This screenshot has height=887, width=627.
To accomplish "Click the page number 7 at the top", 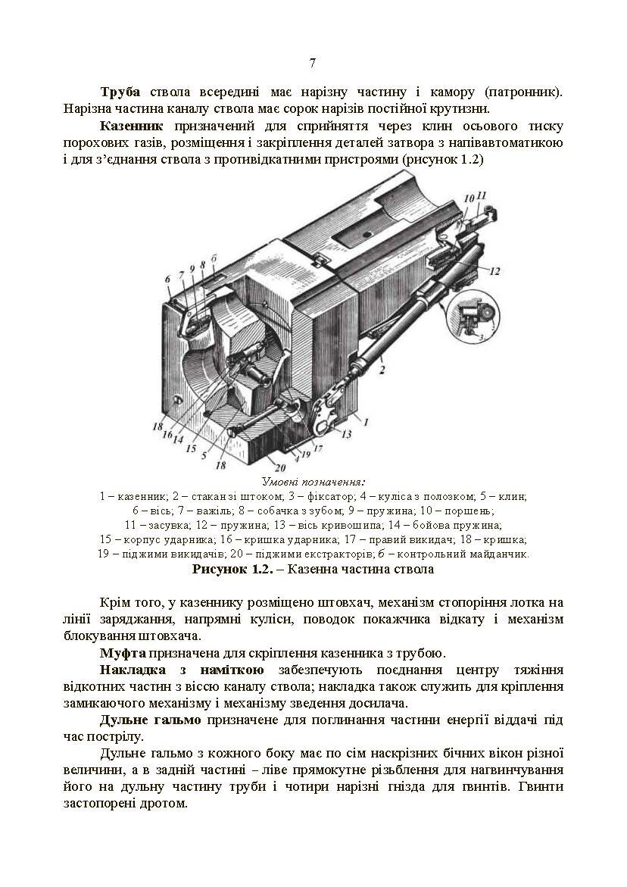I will [x=313, y=63].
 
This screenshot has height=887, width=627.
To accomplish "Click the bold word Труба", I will [x=121, y=92].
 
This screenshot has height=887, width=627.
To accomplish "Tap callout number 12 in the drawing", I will [x=494, y=270].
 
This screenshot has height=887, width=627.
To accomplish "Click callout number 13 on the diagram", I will [x=348, y=434].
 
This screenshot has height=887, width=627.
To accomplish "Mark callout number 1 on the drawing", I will [x=365, y=420].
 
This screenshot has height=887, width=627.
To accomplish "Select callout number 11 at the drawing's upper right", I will [x=482, y=195].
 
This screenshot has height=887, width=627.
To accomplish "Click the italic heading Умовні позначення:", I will [x=313, y=482].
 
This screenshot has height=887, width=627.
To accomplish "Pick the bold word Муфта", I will [x=123, y=652].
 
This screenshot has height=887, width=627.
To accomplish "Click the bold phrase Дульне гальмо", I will [x=150, y=719].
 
